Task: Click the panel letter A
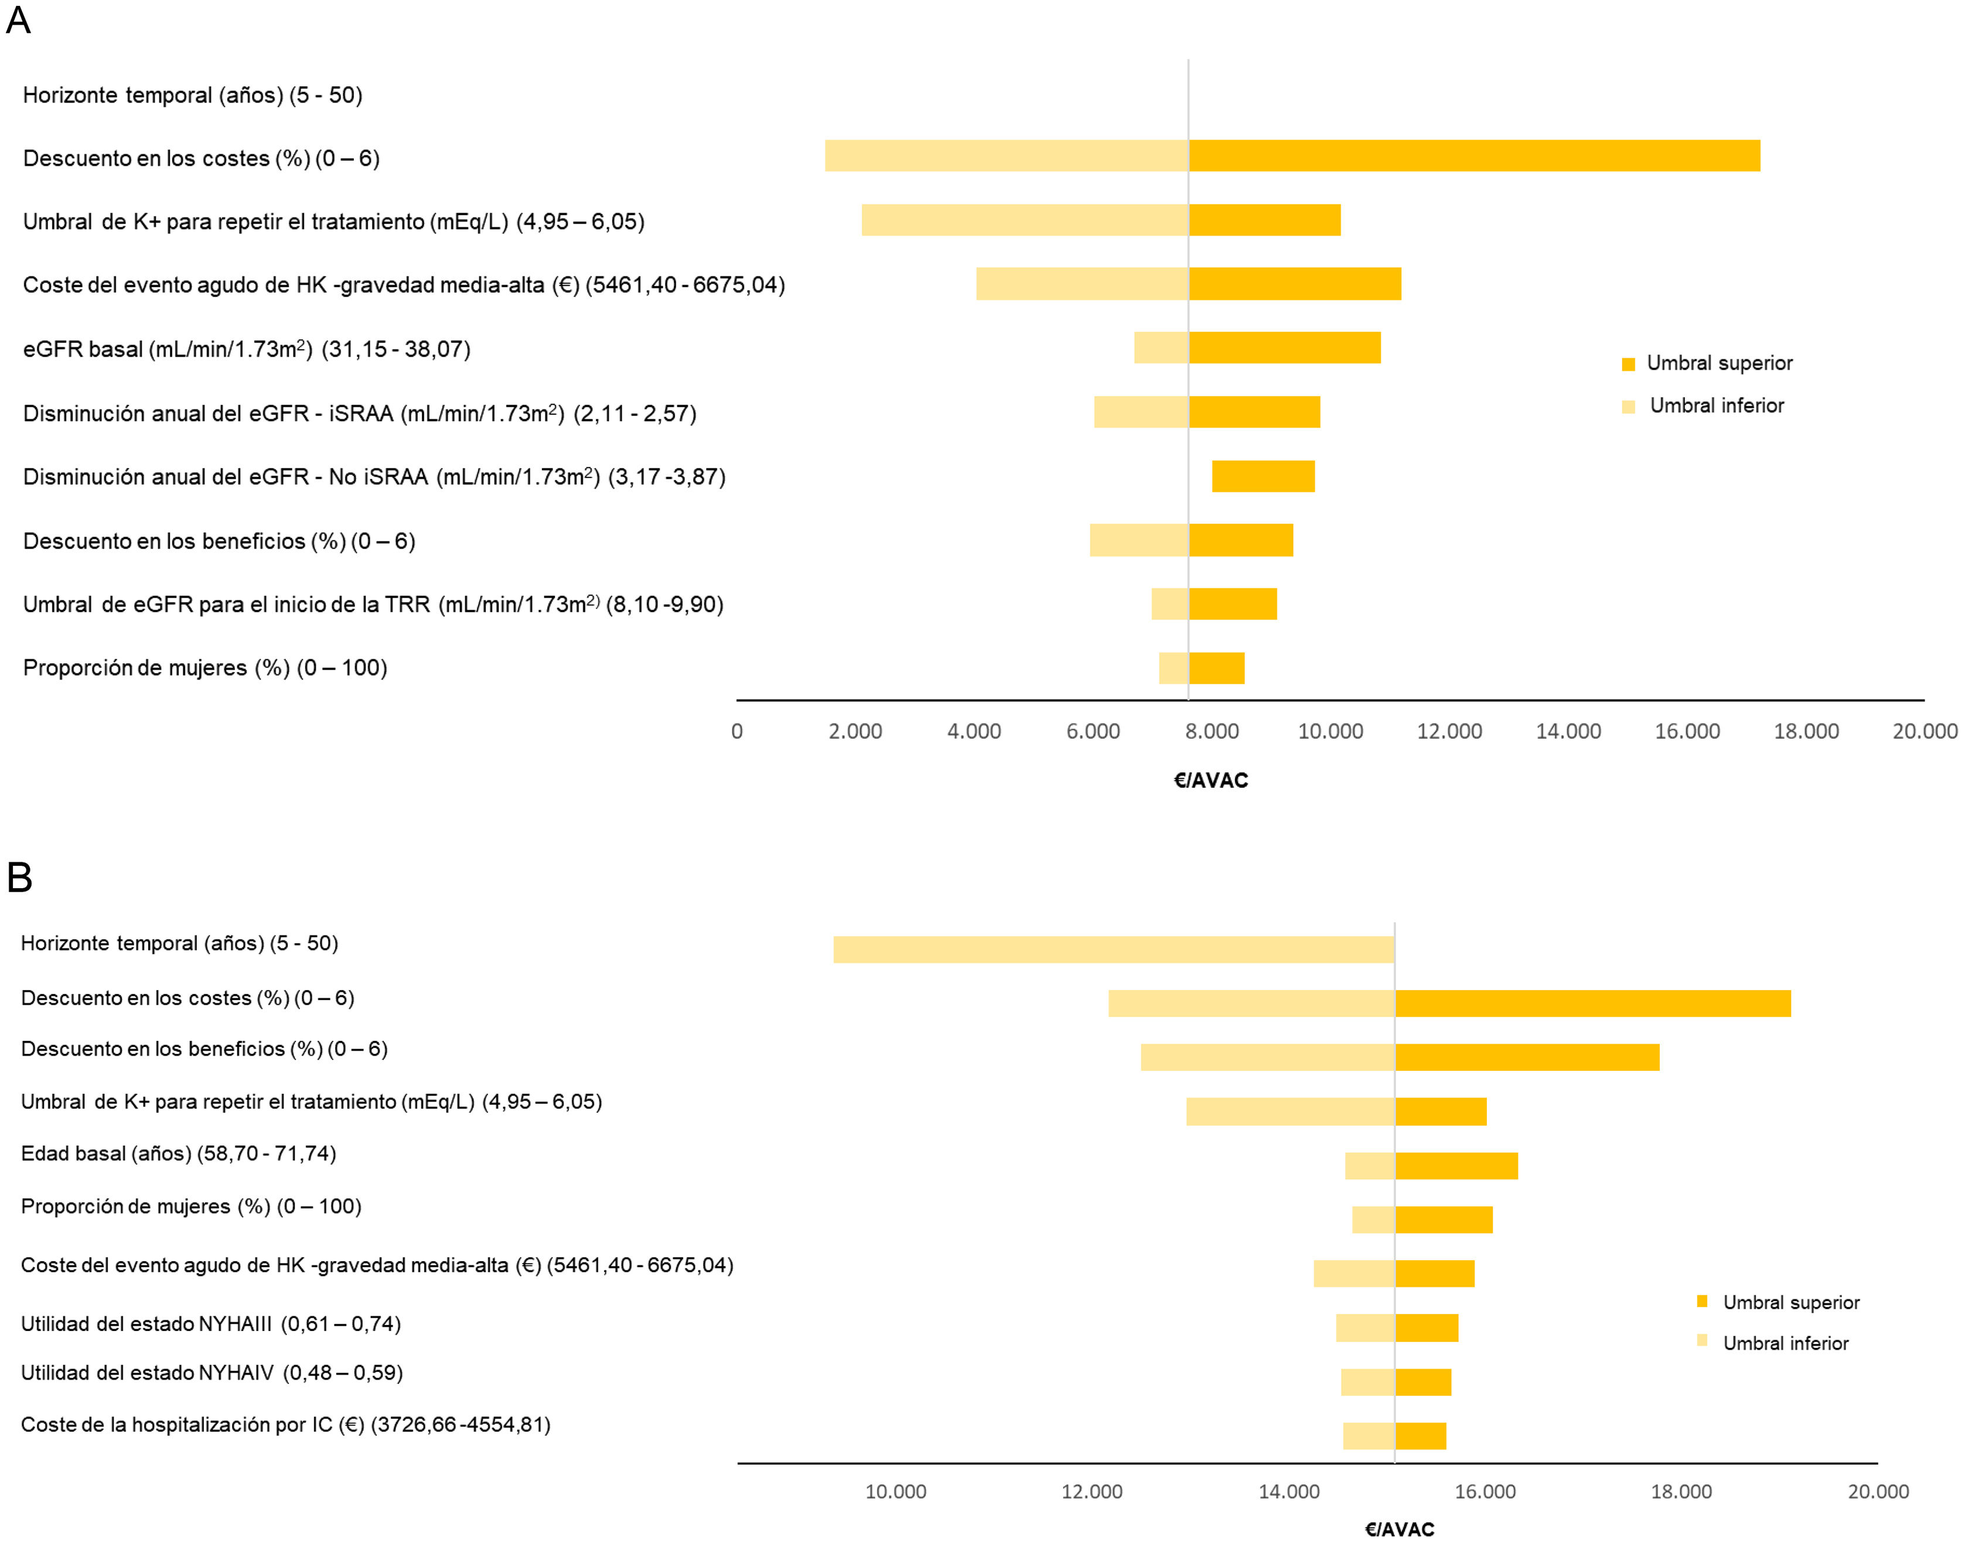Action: pyautogui.click(x=18, y=20)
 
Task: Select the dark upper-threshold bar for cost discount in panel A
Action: pyautogui.click(x=1473, y=155)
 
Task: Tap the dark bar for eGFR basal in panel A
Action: pyautogui.click(x=1284, y=348)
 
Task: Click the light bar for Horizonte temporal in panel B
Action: pyautogui.click(x=1113, y=950)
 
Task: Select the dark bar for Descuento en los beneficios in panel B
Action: pyautogui.click(x=1527, y=1057)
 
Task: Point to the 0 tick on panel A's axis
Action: pyautogui.click(x=737, y=732)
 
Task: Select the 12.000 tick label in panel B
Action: pyautogui.click(x=1091, y=1491)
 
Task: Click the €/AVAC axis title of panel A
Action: pyautogui.click(x=1210, y=780)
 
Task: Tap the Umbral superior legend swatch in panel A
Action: pyautogui.click(x=1628, y=364)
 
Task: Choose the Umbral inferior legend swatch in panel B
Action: pyautogui.click(x=1702, y=1341)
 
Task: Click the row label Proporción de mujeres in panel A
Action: pyautogui.click(x=205, y=668)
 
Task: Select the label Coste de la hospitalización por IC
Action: pyautogui.click(x=285, y=1425)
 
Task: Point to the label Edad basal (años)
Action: pyautogui.click(x=178, y=1153)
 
